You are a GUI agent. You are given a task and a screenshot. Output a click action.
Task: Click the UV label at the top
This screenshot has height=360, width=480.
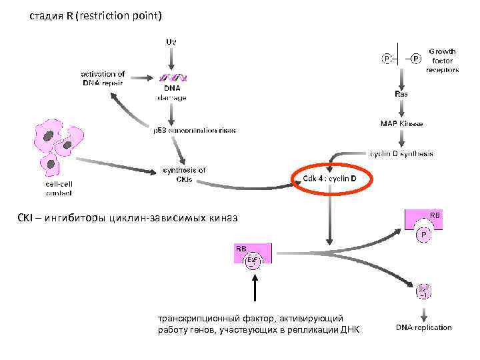point(171,41)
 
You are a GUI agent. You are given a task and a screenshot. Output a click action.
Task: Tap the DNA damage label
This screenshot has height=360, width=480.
point(171,93)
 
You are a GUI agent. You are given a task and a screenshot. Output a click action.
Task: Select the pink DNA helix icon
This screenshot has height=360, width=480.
point(171,77)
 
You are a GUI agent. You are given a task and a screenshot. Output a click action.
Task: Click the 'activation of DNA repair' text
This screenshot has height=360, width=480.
point(103,78)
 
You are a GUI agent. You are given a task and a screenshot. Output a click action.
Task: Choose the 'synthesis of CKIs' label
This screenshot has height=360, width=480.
point(185,175)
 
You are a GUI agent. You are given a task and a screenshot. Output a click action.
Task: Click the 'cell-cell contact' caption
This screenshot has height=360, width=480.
point(58,188)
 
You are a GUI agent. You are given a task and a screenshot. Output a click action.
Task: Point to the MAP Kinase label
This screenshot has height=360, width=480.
point(401,123)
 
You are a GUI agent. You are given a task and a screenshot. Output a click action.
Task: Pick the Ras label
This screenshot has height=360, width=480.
point(401,94)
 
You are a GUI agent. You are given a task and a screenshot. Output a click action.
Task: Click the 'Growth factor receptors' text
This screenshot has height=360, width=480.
point(442,60)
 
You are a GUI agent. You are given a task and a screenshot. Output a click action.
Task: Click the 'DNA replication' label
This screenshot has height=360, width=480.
point(423,327)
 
